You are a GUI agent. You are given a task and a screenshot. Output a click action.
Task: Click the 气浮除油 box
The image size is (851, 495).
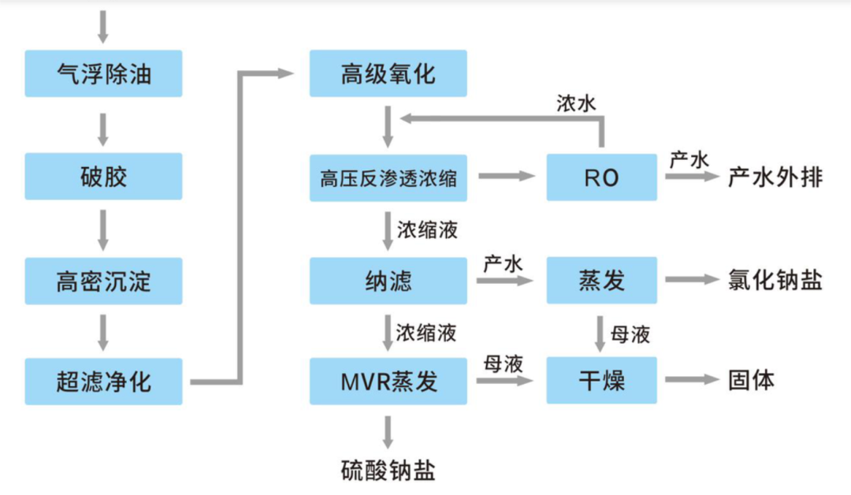pos(103,73)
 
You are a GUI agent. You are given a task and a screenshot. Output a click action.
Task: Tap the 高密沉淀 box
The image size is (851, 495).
pos(103,280)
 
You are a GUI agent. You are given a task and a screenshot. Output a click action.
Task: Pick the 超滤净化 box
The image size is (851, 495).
pos(103,381)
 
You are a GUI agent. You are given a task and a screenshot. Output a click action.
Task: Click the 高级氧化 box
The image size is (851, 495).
pos(388,73)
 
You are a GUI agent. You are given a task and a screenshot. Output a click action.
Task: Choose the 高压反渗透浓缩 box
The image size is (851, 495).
pos(388,177)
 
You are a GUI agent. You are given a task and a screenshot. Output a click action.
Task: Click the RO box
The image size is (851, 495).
pos(601,177)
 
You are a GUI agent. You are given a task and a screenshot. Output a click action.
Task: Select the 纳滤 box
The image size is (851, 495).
pos(388,280)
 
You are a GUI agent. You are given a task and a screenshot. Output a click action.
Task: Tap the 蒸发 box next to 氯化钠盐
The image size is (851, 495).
pos(601,280)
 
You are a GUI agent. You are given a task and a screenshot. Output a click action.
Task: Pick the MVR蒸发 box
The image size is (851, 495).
pos(388,381)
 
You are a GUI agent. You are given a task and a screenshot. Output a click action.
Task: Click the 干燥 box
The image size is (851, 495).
pos(601,381)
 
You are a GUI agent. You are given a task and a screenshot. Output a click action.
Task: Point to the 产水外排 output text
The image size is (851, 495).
pos(775,177)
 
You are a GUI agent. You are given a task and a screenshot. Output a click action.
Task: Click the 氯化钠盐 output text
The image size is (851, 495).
pos(775,280)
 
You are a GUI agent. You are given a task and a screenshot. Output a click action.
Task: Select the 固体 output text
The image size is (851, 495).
pos(751,380)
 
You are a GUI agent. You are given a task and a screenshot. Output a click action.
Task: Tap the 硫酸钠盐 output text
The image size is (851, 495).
pos(388,471)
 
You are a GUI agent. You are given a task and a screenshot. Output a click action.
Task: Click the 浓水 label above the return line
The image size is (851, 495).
pos(576,104)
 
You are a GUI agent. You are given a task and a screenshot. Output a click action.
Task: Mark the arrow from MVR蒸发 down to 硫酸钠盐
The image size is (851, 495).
pos(388,431)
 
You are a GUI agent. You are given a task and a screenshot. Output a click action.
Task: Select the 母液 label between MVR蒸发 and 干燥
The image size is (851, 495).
pos(504,363)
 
